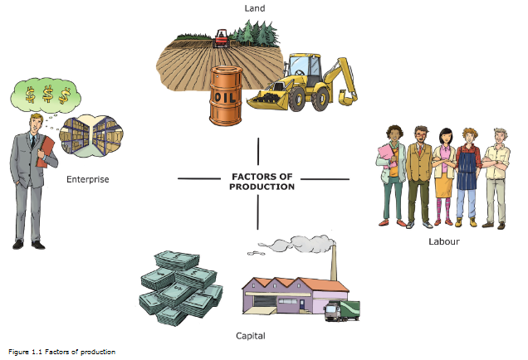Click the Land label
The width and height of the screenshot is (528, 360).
[255, 8]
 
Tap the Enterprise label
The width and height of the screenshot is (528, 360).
[87, 179]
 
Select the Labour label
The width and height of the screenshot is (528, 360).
[444, 241]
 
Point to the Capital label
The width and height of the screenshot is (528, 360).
[251, 336]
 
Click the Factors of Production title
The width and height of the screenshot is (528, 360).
[262, 182]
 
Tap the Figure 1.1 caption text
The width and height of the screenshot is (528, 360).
[62, 352]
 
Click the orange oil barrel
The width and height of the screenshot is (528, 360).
[226, 95]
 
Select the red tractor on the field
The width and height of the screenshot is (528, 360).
[222, 39]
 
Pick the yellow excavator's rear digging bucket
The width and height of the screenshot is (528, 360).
[348, 98]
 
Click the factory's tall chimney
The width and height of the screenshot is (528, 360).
[334, 261]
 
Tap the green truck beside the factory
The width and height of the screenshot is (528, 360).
[342, 311]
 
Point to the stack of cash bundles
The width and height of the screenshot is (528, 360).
[180, 288]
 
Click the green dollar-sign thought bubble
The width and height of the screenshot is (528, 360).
[46, 95]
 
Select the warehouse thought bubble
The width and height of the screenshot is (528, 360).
[91, 136]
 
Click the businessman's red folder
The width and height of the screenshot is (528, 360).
[45, 152]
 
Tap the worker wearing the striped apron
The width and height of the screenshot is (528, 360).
[467, 177]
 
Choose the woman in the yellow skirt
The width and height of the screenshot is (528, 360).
[444, 177]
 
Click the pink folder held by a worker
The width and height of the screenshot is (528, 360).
[387, 155]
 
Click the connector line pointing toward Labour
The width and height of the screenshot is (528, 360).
[325, 179]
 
